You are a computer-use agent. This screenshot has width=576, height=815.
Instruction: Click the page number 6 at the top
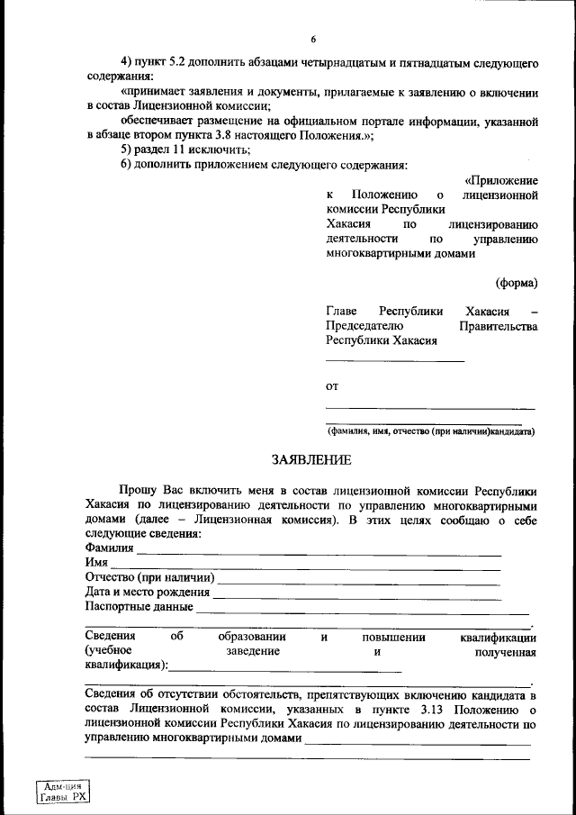[313, 40]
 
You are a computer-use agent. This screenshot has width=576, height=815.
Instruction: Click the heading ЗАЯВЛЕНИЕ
[311, 460]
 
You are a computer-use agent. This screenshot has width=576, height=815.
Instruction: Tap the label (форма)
[516, 282]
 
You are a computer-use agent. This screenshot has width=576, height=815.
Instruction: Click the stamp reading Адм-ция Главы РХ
[64, 792]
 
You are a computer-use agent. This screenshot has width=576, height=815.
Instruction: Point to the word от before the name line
[331, 386]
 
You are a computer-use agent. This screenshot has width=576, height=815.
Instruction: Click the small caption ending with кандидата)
[431, 431]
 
